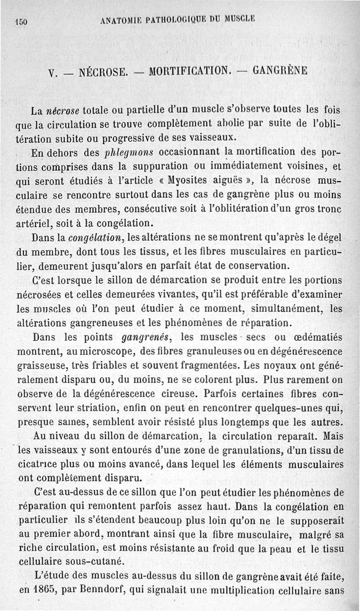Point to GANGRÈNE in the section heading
(x=280, y=71)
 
